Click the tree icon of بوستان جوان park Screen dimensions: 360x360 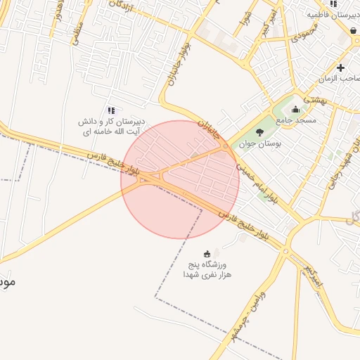(260, 131)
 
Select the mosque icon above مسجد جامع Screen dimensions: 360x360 (295, 109)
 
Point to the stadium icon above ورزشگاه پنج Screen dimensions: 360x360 (207, 254)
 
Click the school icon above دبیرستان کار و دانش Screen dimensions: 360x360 (110, 110)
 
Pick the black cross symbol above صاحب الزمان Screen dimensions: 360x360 (341, 67)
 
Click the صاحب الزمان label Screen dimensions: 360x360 (341, 79)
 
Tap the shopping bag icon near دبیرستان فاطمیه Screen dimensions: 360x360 (352, 30)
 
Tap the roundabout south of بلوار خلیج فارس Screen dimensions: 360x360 (285, 250)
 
